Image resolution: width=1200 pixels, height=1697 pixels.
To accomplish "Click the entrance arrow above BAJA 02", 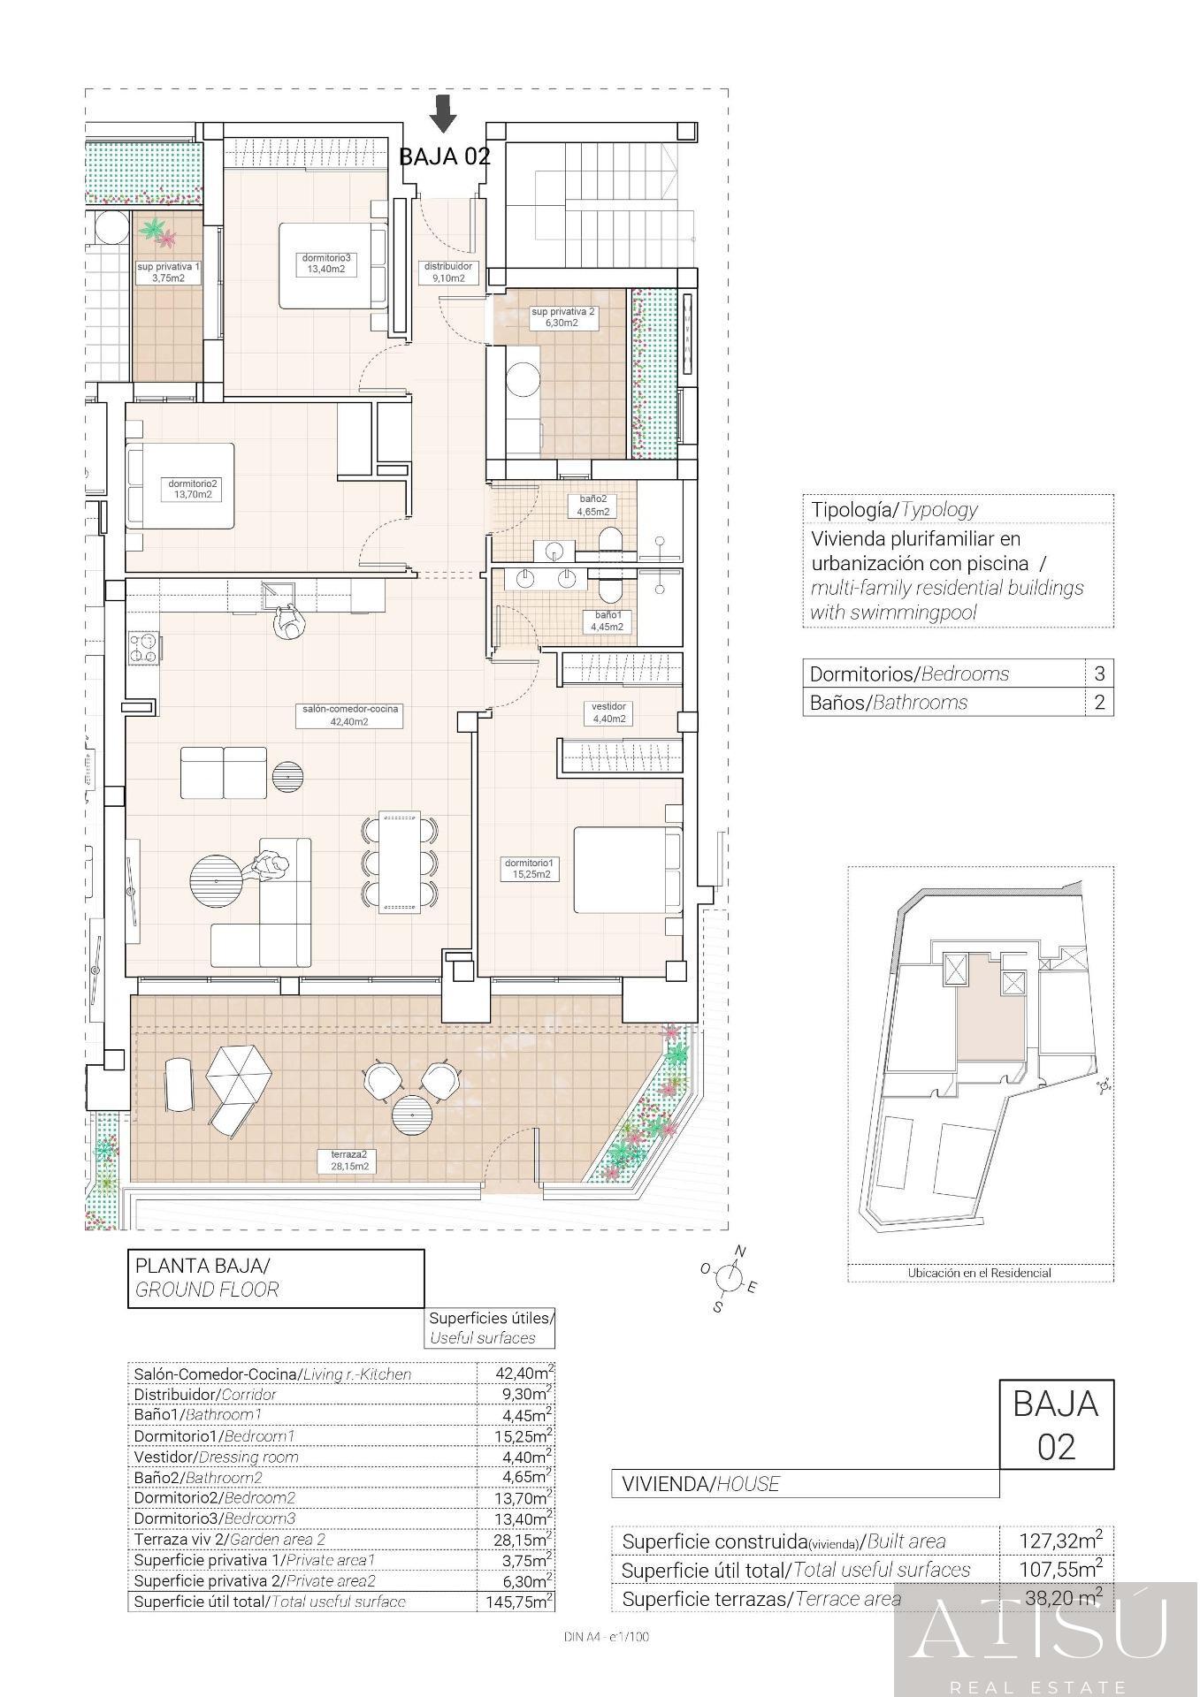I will coord(443,113).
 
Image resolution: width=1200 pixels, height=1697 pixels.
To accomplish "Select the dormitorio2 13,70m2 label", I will coord(193,489).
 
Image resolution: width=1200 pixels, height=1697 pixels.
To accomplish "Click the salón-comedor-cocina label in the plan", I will coord(348,715).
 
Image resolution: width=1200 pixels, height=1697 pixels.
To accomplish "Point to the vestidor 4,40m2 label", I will coord(608,712).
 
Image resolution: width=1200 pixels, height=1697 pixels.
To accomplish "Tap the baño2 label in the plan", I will coord(592,505).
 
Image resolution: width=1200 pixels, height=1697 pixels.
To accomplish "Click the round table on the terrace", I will coord(411,1115).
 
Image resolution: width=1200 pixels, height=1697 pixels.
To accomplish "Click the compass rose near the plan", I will coord(729,1278).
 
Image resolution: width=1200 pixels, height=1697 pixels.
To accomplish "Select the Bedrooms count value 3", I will coord(1099,673).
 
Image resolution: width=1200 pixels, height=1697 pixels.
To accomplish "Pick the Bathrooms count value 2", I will coord(1099,703).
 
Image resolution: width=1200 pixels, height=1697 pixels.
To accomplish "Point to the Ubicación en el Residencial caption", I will coord(979,1273).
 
